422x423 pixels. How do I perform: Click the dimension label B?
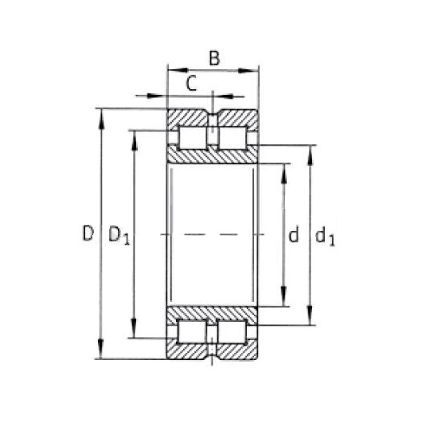[x=214, y=58]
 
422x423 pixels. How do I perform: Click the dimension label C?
[x=191, y=83]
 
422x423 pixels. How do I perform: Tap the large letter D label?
[x=88, y=233]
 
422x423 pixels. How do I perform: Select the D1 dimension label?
[x=119, y=236]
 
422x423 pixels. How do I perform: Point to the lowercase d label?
[x=294, y=234]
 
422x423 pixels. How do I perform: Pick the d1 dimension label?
[x=325, y=237]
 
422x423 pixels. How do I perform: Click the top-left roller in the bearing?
[x=193, y=138]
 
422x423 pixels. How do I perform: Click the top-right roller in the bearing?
[x=232, y=138]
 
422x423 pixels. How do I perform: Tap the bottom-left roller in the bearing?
[x=192, y=332]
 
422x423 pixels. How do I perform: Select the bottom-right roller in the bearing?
[x=232, y=332]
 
